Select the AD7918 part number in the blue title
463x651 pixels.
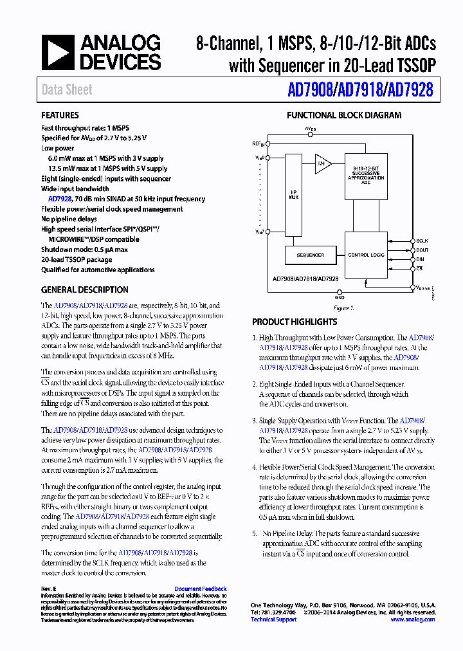point(358,90)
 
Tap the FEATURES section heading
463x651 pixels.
point(60,116)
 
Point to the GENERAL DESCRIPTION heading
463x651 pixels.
point(85,289)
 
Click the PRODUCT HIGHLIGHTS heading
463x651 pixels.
point(295,322)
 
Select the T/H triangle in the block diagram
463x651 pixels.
point(321,165)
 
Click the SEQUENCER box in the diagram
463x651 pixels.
point(311,255)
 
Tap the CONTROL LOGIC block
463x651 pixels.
point(366,255)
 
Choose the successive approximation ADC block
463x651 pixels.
point(366,176)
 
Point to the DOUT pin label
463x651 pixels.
point(422,250)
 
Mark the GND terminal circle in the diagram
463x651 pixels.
point(340,292)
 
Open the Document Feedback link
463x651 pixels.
point(201,589)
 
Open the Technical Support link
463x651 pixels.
point(273,619)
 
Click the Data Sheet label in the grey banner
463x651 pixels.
point(67,90)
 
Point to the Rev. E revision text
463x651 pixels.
point(50,589)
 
